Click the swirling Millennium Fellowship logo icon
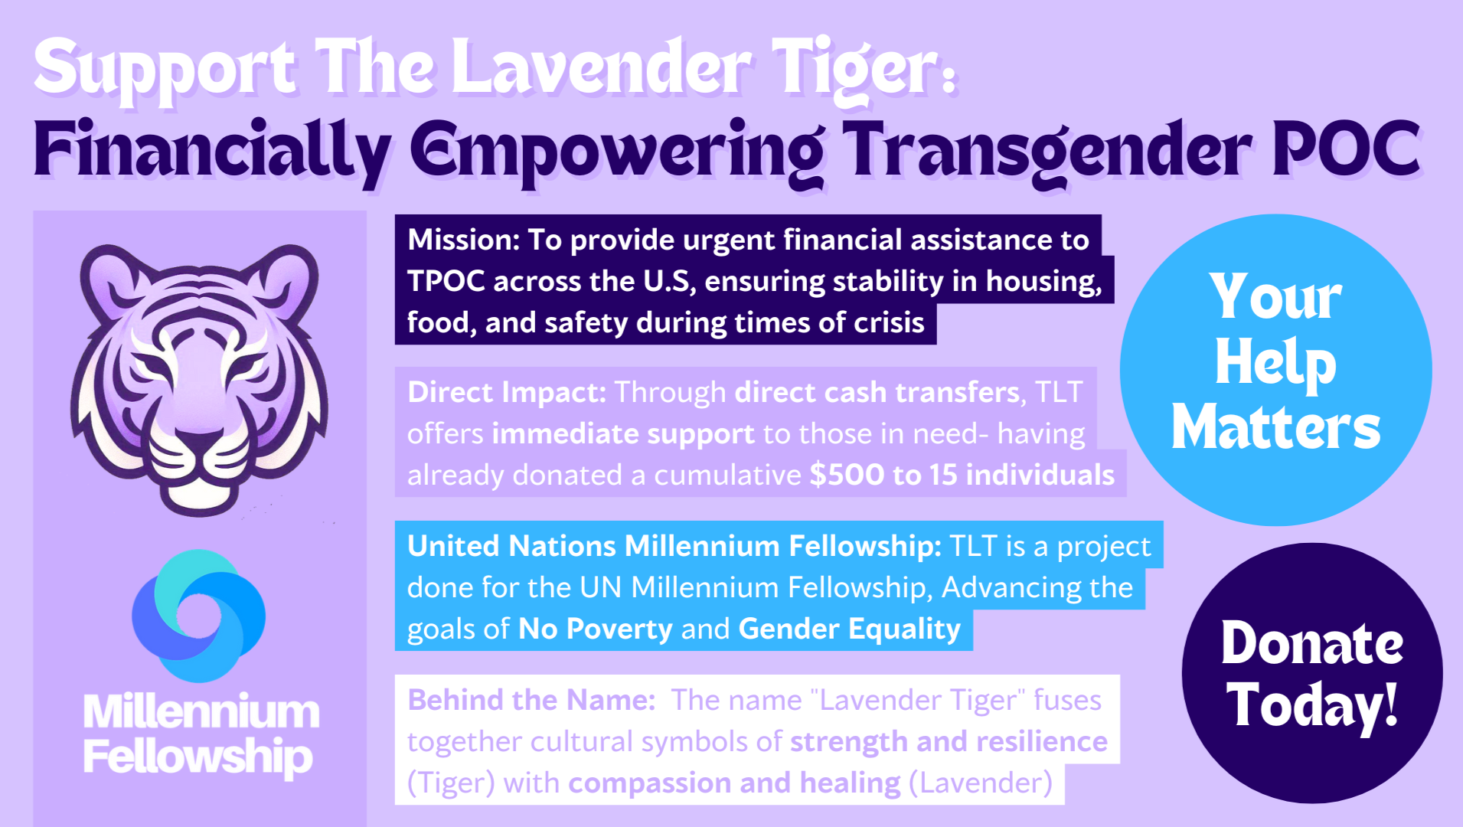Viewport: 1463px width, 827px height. tap(199, 615)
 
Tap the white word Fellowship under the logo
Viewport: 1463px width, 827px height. tap(198, 757)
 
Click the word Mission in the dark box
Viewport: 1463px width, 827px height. tap(462, 240)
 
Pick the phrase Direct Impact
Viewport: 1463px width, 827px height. tap(506, 393)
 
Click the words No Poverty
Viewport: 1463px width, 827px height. tap(595, 629)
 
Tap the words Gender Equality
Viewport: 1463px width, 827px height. tap(849, 629)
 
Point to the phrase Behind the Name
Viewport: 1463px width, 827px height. tap(531, 701)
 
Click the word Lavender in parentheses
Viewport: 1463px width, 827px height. tap(981, 783)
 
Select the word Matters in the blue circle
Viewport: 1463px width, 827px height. tap(1275, 427)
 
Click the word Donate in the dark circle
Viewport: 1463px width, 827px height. tap(1311, 643)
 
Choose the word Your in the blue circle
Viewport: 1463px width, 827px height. tap(1275, 297)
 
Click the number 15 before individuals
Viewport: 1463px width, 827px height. tap(943, 476)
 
